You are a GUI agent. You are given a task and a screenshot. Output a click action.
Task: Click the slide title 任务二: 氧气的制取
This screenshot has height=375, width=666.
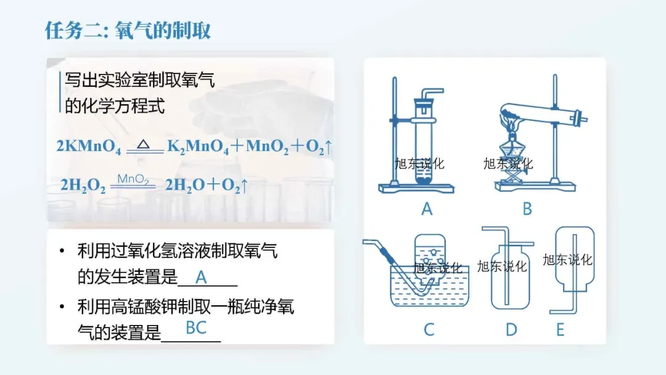coord(128,30)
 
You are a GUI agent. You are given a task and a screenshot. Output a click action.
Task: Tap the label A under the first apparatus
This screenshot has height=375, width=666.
coord(427,210)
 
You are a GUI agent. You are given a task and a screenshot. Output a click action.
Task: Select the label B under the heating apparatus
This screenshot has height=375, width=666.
coord(527,210)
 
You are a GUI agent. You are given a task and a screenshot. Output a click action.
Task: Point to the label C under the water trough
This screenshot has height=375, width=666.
coord(429,329)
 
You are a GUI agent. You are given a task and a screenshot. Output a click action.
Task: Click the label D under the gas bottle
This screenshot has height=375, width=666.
coord(511,330)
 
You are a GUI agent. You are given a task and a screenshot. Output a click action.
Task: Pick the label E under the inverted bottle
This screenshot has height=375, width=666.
coord(560,330)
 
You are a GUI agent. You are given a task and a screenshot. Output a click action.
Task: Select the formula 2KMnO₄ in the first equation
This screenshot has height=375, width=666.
coord(89,147)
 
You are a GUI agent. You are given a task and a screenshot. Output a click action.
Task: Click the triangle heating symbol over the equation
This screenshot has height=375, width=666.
coord(143,144)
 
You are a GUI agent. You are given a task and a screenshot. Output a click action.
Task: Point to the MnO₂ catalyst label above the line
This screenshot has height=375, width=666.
coord(133,179)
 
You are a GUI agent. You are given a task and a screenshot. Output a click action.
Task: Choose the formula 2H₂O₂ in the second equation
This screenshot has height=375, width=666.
coord(83,185)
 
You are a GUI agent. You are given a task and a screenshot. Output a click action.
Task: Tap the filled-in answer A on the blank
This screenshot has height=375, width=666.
coord(201,278)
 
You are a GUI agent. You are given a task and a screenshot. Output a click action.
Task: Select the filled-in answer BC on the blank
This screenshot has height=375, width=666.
coord(196,328)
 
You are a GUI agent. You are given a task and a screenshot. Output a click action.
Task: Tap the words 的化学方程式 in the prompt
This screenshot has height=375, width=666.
coord(115,105)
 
